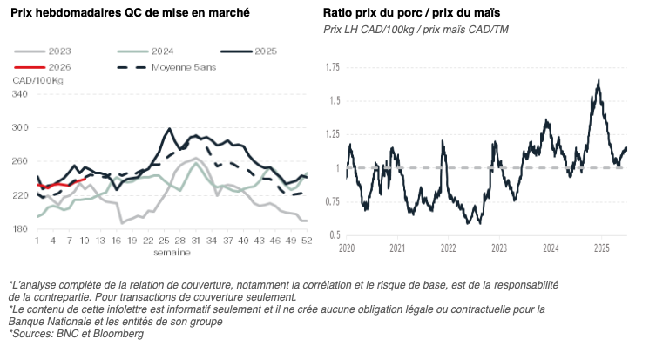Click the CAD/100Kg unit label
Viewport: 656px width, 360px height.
(37, 80)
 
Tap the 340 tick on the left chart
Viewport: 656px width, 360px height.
(20, 94)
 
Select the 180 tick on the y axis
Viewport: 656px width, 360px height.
(20, 229)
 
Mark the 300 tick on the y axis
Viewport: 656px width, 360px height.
(20, 128)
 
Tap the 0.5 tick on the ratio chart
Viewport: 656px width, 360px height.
(334, 234)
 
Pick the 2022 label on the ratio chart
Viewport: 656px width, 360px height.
(448, 248)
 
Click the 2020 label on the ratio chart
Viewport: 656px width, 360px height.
(346, 248)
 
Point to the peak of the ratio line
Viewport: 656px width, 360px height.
(599, 81)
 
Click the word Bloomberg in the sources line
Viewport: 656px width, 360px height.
(119, 333)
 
